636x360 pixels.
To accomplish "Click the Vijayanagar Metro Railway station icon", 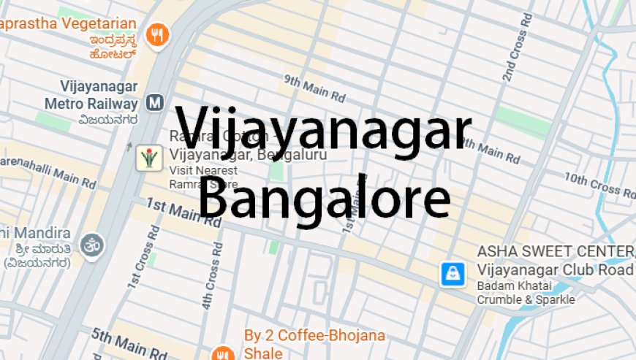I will pos(154,102).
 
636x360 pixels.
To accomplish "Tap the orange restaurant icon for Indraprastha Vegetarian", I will pos(157,34).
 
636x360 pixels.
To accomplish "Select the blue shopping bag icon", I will pos(453,274).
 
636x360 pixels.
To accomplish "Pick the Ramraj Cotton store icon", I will pos(148,158).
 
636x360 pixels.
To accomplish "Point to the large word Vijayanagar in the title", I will pos(323,130).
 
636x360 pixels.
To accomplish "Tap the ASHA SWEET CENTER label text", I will pos(556,252).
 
